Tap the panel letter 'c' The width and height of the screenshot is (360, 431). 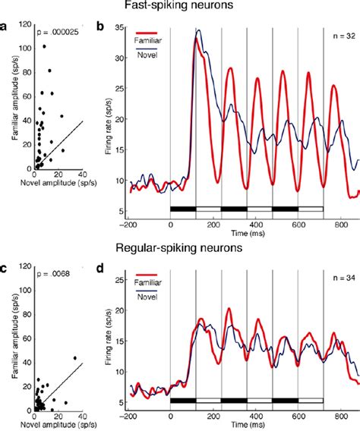5,268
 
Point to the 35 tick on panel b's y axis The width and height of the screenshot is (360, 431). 120,28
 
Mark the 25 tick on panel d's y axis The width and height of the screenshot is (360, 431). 120,282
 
